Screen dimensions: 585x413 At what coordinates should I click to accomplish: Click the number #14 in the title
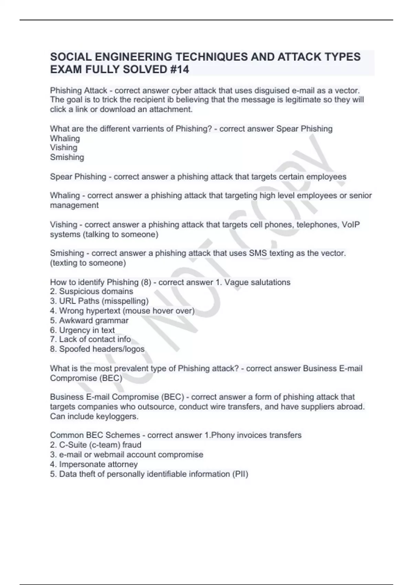tap(180, 70)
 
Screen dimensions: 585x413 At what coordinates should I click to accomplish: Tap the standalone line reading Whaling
tap(65, 138)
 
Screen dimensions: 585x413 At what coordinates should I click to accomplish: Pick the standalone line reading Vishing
tap(64, 148)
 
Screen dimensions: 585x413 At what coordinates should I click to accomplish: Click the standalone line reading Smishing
tap(67, 157)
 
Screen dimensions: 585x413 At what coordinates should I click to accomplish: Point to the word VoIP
tap(351, 225)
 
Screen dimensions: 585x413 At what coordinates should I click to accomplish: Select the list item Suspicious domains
tap(96, 291)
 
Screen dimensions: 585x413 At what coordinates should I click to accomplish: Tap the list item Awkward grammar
tap(94, 320)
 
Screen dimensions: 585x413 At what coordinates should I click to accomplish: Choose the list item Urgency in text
tap(87, 330)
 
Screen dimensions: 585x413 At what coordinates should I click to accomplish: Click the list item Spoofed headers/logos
tap(102, 349)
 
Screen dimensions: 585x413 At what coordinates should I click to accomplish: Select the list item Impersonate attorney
tap(98, 464)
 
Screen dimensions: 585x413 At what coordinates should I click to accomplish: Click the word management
tap(74, 205)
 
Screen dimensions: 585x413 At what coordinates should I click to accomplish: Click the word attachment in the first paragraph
tap(170, 109)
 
